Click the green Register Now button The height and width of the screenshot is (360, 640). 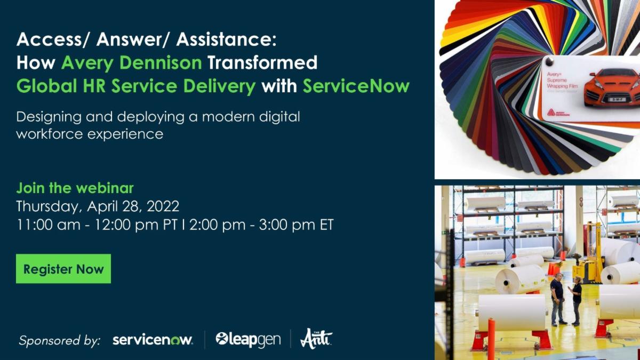coord(63,269)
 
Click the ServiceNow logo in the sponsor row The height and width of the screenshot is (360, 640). coord(153,340)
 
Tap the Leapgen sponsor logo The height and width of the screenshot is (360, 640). coord(248,339)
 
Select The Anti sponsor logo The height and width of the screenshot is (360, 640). coord(316,339)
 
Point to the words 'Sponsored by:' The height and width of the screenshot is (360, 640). coord(59,340)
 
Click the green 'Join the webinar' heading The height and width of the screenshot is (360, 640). coord(75,188)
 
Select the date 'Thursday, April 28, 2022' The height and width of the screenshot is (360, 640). coord(98,206)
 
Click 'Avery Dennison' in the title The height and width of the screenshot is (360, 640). coord(132,63)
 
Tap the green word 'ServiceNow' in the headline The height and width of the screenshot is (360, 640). coord(356,86)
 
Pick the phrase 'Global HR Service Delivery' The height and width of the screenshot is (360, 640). coord(136,86)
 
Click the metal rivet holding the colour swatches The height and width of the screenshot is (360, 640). coord(548,62)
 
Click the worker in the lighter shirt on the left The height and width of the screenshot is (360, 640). coord(556,298)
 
